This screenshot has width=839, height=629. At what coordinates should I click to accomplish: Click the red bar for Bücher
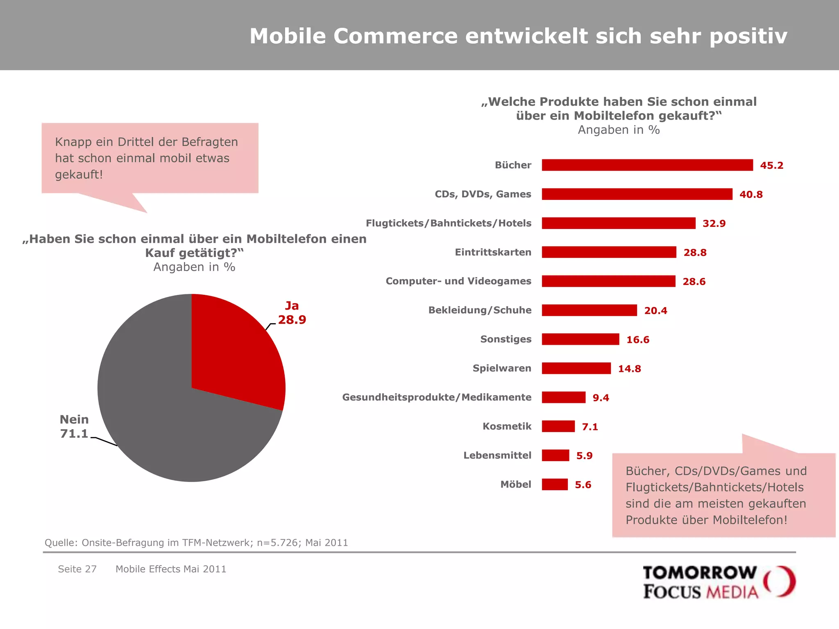pyautogui.click(x=647, y=165)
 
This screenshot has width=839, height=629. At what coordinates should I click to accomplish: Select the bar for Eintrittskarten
pyautogui.click(x=609, y=252)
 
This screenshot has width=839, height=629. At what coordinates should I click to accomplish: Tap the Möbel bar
pyautogui.click(x=555, y=484)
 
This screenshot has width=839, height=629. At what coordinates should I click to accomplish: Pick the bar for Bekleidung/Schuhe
pyautogui.click(x=589, y=310)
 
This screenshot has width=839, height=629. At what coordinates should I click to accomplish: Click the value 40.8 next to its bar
pyautogui.click(x=751, y=195)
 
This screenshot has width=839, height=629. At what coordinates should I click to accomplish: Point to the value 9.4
pyautogui.click(x=601, y=398)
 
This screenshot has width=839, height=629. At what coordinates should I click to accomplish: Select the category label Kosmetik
pyautogui.click(x=507, y=426)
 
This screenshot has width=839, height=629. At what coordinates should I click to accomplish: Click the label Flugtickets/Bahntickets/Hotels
pyautogui.click(x=448, y=223)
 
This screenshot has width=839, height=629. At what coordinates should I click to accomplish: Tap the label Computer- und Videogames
pyautogui.click(x=458, y=281)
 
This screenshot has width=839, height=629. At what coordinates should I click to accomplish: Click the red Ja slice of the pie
pyautogui.click(x=234, y=352)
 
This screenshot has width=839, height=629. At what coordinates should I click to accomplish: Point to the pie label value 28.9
pyautogui.click(x=292, y=320)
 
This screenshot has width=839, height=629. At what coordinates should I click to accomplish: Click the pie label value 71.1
pyautogui.click(x=74, y=434)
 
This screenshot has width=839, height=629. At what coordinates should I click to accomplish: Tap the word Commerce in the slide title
pyautogui.click(x=395, y=36)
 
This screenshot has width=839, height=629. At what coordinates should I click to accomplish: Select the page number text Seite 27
pyautogui.click(x=77, y=569)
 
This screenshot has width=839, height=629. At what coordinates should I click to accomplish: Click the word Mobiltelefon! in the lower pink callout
pyautogui.click(x=750, y=520)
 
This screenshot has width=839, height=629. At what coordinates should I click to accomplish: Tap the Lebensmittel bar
pyautogui.click(x=555, y=455)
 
